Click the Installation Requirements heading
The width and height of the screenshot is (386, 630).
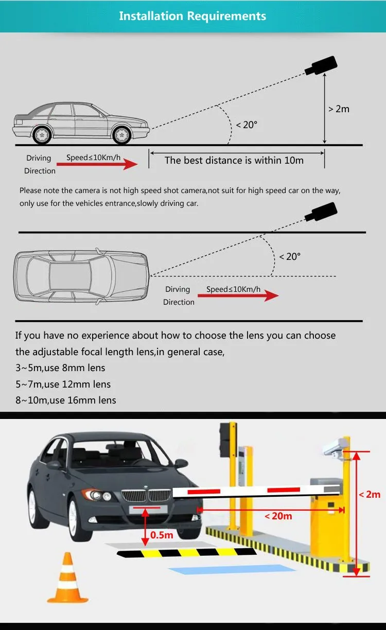[192, 16]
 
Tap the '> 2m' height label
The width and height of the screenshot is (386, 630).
[339, 109]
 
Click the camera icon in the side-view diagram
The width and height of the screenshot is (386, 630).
[321, 65]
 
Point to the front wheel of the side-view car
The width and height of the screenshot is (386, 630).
[122, 135]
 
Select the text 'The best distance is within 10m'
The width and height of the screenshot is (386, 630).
[234, 160]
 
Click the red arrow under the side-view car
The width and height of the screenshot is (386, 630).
[97, 164]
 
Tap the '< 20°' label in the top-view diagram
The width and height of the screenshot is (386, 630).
[290, 256]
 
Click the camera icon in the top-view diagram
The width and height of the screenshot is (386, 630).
[321, 212]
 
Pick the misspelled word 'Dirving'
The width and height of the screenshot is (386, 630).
[178, 289]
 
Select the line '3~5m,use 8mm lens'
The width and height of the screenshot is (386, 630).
[60, 368]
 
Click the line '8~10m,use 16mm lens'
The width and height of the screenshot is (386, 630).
[65, 400]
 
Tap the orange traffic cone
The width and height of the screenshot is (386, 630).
[67, 577]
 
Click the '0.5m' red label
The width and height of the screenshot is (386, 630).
[162, 535]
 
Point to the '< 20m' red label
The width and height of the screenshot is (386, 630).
[278, 516]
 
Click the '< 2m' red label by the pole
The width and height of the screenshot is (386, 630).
[370, 495]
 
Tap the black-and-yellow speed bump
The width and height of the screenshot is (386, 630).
[187, 552]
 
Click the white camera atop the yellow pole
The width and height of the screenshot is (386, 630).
[334, 447]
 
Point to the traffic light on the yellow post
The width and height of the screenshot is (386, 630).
[225, 440]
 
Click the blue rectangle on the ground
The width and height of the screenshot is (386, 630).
[232, 569]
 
